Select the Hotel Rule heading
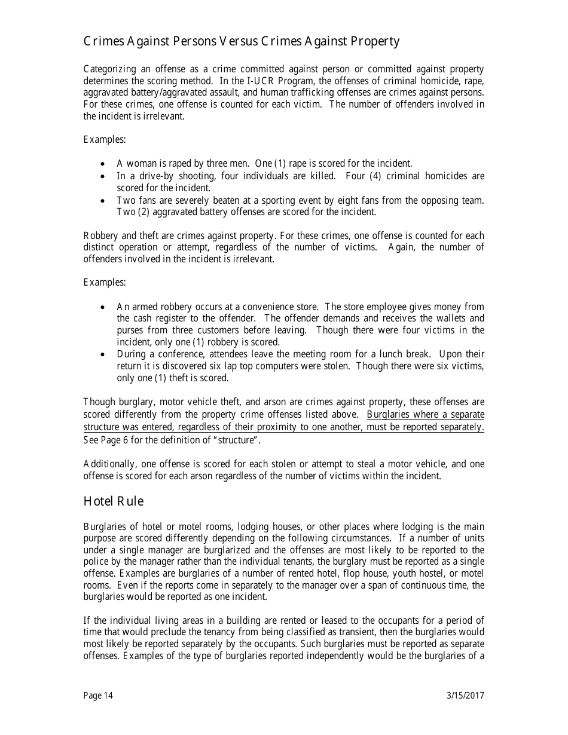point(114,501)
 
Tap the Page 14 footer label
point(98,695)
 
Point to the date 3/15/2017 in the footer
point(465,695)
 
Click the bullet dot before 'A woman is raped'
point(105,164)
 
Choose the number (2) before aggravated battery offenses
point(145,212)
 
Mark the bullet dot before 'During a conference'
point(105,354)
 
